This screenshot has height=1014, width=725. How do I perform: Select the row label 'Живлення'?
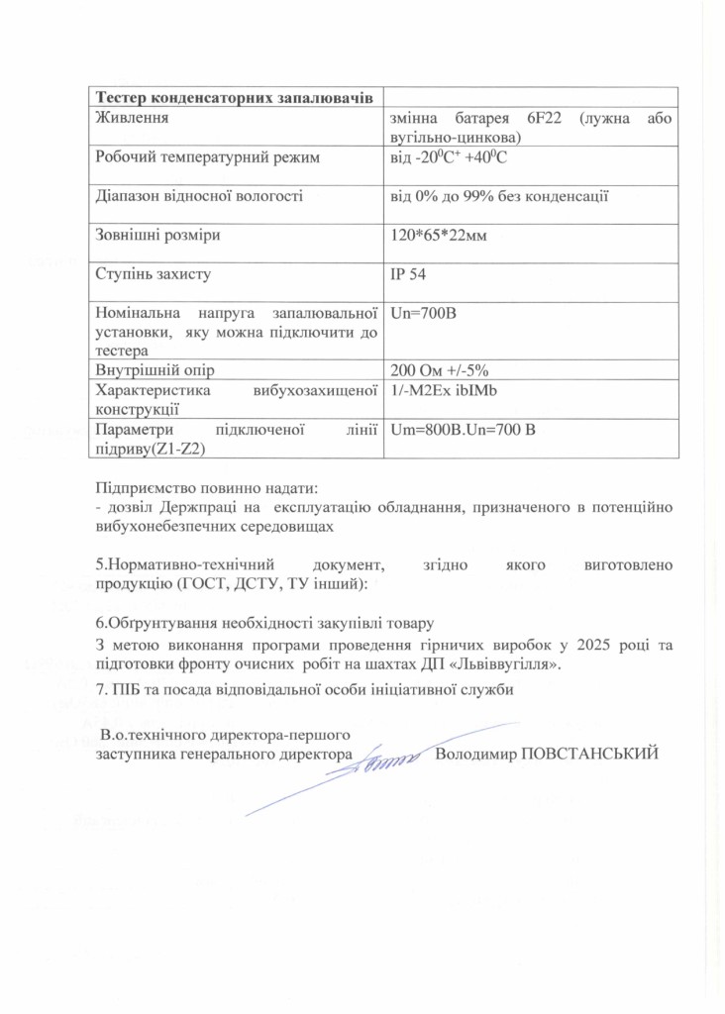point(129,118)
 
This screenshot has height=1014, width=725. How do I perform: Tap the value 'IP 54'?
point(410,273)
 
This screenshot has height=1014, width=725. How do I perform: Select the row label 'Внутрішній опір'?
point(153,370)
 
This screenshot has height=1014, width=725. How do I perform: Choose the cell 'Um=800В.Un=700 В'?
point(464,429)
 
